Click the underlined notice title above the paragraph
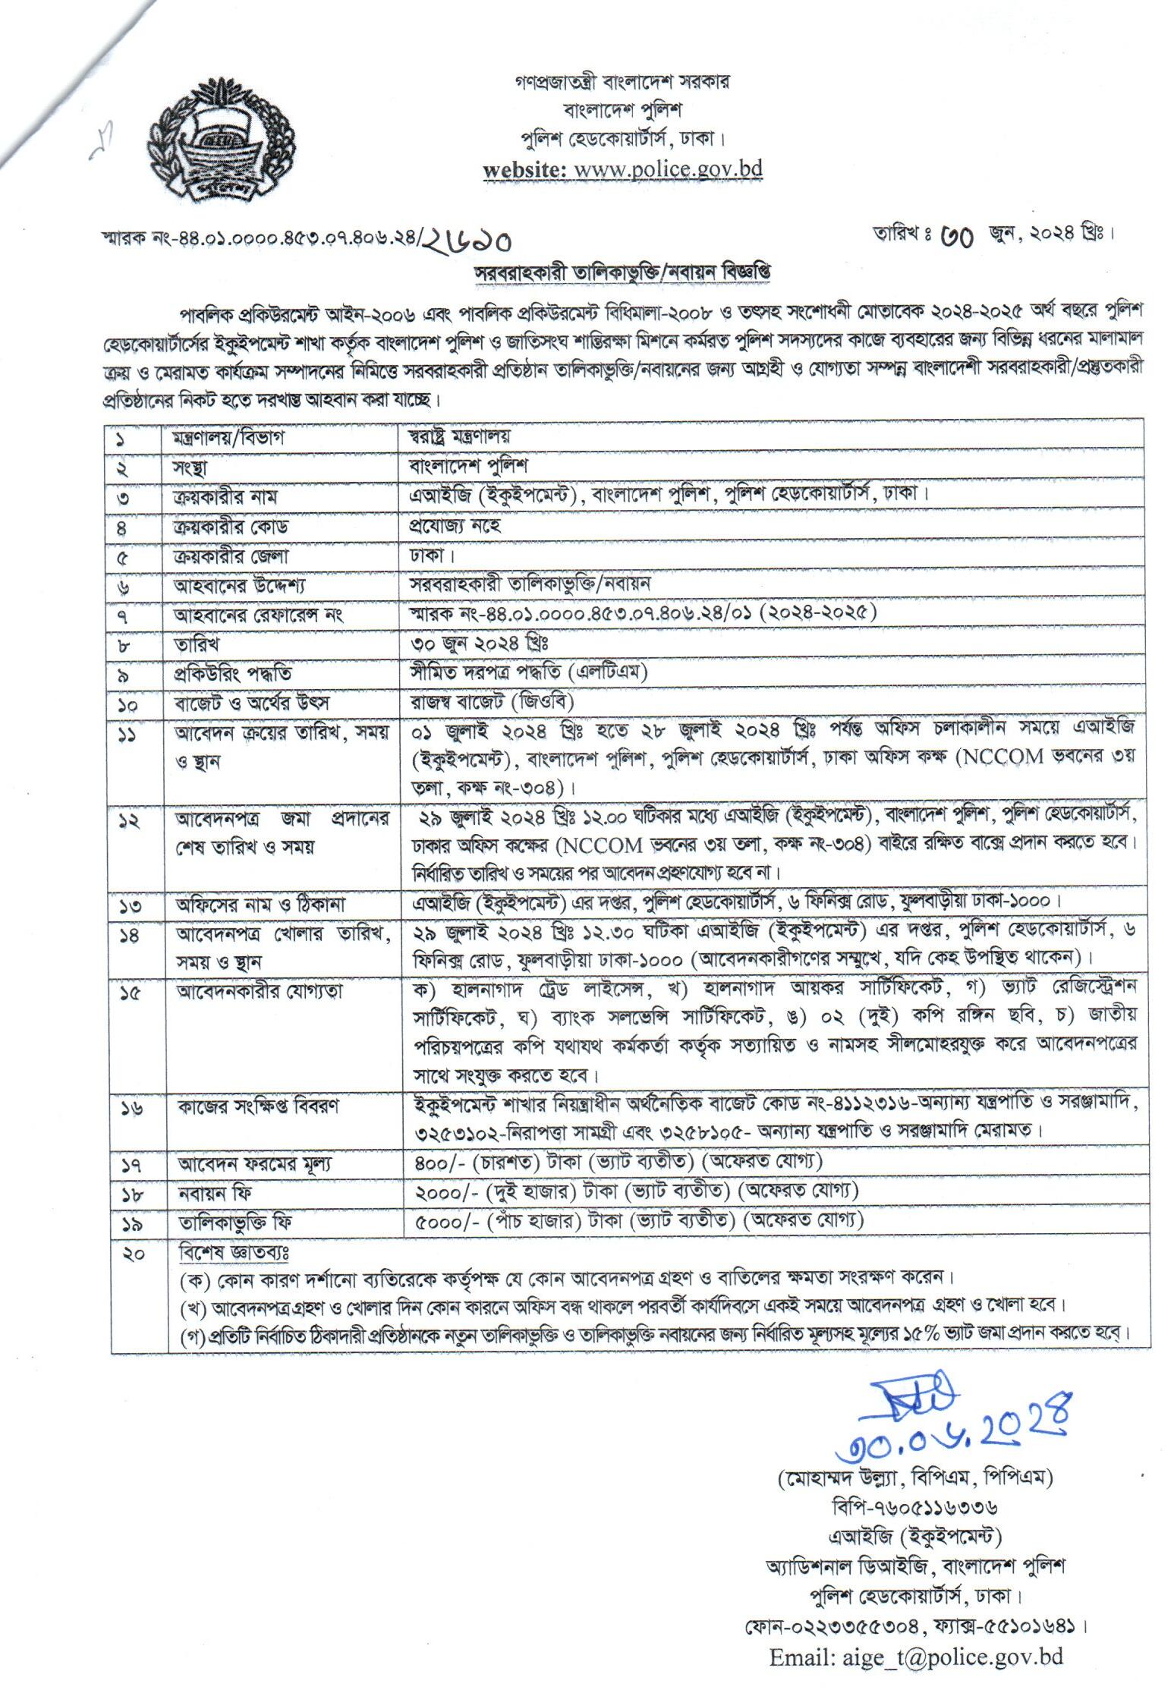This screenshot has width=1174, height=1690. (622, 272)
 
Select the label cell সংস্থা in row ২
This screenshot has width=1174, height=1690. (190, 467)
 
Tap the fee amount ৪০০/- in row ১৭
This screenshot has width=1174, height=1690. (437, 1182)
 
